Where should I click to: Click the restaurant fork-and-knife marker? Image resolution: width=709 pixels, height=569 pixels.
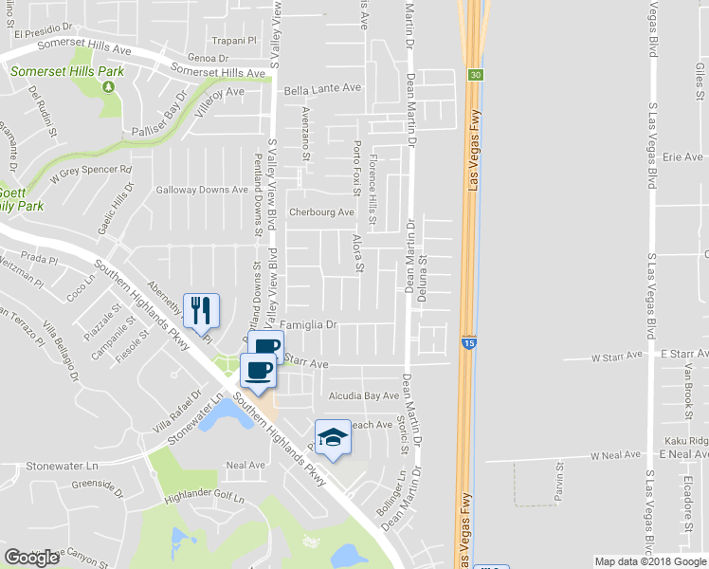click(201, 310)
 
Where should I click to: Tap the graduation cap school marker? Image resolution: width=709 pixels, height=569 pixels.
click(333, 436)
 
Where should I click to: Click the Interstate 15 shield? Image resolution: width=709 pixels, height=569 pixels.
click(469, 340)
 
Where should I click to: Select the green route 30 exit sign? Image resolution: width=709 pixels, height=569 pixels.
click(476, 74)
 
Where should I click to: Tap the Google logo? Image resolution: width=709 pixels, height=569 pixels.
click(31, 558)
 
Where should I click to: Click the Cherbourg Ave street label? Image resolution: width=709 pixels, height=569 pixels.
click(321, 212)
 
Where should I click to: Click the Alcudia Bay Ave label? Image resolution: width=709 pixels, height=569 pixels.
click(364, 395)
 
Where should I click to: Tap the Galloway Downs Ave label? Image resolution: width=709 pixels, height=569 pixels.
click(202, 190)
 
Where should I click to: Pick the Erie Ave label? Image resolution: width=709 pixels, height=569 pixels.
click(682, 156)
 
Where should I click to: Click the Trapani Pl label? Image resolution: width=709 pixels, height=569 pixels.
click(234, 41)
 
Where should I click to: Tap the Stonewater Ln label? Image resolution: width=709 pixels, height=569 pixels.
click(63, 466)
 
